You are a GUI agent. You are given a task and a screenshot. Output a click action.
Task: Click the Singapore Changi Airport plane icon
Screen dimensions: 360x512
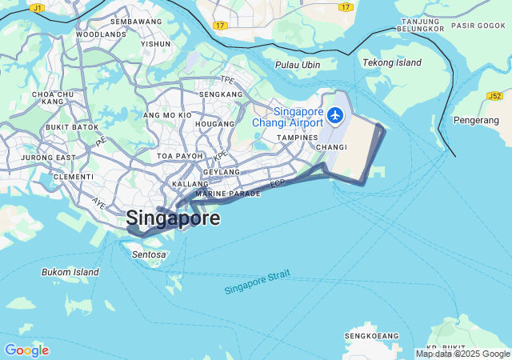(335, 117)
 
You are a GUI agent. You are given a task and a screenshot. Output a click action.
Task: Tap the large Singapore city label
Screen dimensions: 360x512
(173, 218)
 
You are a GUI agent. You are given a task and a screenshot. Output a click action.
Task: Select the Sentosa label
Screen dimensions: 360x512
(149, 254)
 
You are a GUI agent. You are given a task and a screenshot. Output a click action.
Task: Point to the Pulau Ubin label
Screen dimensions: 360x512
(298, 65)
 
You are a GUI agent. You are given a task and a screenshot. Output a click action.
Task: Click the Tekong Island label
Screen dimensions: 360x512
(391, 62)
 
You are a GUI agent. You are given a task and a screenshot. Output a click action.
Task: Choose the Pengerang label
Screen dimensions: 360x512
(476, 120)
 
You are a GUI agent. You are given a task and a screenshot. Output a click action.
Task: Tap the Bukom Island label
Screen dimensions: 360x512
(70, 272)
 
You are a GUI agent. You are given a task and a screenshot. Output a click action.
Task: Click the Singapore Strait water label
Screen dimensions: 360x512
(257, 282)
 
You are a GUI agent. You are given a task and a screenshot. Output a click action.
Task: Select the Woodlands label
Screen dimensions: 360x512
(101, 34)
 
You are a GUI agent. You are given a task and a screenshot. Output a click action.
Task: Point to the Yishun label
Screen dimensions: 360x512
(155, 44)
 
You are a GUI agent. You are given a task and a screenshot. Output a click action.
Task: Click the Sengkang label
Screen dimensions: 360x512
(221, 94)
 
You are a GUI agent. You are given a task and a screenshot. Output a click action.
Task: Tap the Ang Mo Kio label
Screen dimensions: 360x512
(166, 115)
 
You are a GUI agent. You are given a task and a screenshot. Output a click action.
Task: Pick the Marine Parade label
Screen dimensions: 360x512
(228, 194)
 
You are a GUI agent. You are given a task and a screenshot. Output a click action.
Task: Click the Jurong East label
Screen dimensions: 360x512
(49, 158)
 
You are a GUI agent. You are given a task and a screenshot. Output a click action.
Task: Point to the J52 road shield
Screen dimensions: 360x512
(494, 96)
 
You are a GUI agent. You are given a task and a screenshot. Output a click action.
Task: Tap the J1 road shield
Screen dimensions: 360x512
(38, 7)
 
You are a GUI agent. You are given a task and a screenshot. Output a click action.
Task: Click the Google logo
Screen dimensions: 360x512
(26, 350)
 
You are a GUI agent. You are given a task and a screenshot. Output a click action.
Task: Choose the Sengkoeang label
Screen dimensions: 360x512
(372, 335)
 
